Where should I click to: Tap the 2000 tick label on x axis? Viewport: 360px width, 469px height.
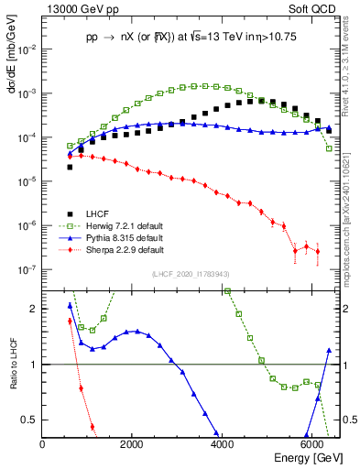pyautogui.click(x=132, y=444)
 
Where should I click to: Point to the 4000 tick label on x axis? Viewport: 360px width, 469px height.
pyautogui.click(x=222, y=444)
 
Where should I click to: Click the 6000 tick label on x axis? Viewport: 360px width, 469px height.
pyautogui.click(x=311, y=444)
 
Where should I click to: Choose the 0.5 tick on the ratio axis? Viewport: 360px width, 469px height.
pyautogui.click(x=31, y=420)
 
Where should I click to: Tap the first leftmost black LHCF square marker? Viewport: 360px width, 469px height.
pyautogui.click(x=70, y=167)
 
